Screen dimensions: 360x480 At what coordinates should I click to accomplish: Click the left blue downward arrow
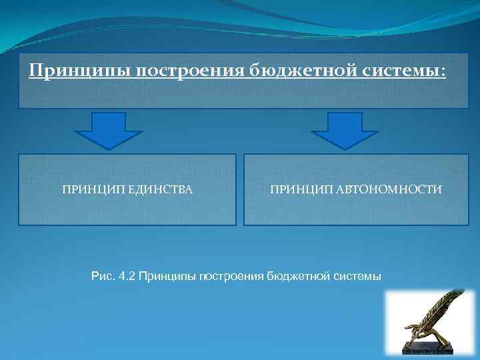(108, 130)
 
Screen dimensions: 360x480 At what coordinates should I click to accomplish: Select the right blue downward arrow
(345, 130)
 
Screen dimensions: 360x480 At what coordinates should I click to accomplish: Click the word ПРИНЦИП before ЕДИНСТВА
(87, 190)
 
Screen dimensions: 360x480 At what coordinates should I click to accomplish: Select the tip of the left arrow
(108, 147)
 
